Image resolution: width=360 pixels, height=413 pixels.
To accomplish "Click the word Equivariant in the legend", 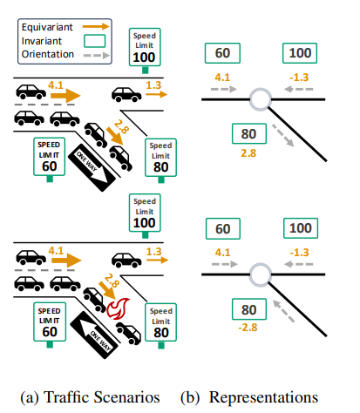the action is tap(47, 27).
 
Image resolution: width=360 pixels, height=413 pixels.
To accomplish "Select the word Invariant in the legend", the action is tap(42, 41).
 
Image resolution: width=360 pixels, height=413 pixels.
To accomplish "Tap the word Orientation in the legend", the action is tap(48, 54).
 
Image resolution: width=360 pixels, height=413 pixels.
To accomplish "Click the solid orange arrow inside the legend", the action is tap(96, 27).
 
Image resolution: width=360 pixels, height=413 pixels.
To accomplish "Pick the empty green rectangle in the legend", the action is tap(95, 41).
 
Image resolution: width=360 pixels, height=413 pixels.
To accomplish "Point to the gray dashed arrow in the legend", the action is tap(97, 55).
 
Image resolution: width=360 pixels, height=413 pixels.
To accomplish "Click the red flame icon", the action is tap(118, 308).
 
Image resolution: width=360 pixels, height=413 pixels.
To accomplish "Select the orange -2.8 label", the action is tap(248, 328).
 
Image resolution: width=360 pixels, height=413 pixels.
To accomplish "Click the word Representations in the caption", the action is tap(263, 397).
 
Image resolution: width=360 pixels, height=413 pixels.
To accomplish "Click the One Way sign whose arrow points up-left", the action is tap(94, 335).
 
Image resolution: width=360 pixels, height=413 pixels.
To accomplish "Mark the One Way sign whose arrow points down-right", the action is tap(92, 167).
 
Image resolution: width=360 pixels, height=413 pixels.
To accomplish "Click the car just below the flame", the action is tap(129, 333).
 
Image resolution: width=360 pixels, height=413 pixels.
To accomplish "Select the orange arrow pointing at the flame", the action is tap(107, 290).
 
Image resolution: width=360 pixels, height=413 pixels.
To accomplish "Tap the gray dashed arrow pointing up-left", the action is tap(283, 311).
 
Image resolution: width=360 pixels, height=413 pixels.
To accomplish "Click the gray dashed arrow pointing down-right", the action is tap(283, 135).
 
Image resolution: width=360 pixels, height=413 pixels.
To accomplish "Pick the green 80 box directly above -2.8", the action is tap(249, 309).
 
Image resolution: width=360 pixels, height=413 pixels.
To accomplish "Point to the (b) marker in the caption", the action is tap(190, 397).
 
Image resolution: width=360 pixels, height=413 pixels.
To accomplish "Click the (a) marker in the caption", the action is tap(30, 397).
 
